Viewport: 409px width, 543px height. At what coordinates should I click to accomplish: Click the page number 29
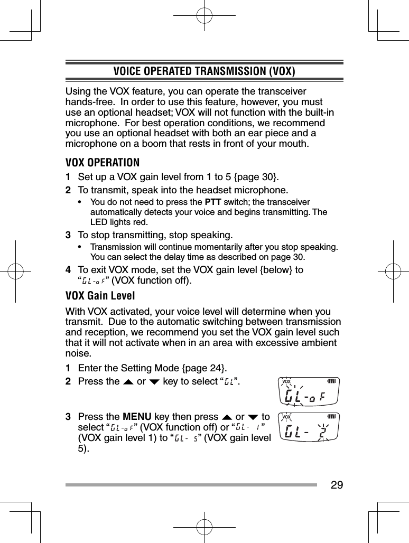tap(337, 484)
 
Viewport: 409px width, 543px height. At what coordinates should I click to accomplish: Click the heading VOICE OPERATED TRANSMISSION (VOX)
tap(204, 71)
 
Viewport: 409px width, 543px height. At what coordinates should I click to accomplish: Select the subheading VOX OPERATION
tap(103, 162)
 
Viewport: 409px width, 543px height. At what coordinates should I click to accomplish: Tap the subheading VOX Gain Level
tap(100, 295)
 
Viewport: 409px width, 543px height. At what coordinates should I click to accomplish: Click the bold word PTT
tap(212, 202)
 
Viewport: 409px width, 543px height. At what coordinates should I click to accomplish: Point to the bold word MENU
tap(138, 417)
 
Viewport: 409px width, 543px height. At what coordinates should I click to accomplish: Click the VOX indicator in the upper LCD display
tap(287, 381)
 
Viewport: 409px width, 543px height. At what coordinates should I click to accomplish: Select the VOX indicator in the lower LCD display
tap(287, 417)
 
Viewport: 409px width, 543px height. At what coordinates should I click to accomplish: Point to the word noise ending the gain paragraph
tap(76, 353)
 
